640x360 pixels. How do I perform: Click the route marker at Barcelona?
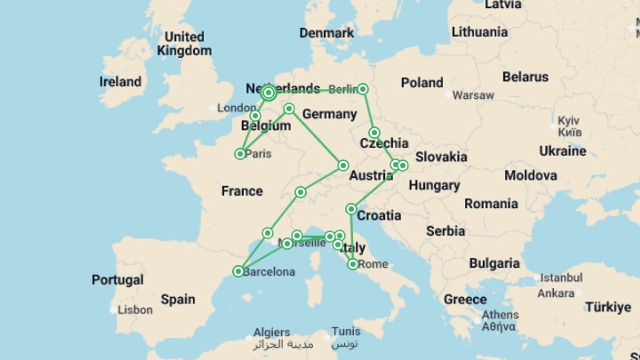pos(238,271)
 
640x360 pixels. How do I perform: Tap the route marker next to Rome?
pos(353,264)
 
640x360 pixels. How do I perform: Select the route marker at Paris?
pos(240,154)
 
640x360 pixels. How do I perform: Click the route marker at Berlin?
pos(363,89)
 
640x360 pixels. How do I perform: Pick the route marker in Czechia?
pos(374,133)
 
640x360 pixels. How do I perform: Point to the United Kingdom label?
pos(184,44)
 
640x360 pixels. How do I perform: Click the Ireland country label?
pos(120,82)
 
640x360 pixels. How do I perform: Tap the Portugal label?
pos(118,280)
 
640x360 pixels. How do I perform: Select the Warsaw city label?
pos(473,95)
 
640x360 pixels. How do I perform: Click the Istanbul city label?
pos(561,277)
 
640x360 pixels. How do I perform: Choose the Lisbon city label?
pos(135,310)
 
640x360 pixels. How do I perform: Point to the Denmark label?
pos(326,33)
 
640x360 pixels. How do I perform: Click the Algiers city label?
pos(272,332)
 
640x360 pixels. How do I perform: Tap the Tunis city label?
pos(346,331)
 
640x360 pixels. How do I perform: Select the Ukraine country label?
pos(563,151)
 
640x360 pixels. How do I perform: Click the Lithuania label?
pos(480,32)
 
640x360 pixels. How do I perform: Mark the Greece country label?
pos(465,299)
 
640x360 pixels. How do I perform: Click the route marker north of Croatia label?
pos(351,209)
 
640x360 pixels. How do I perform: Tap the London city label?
pos(236,108)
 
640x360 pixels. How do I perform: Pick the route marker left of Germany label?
pos(289,109)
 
